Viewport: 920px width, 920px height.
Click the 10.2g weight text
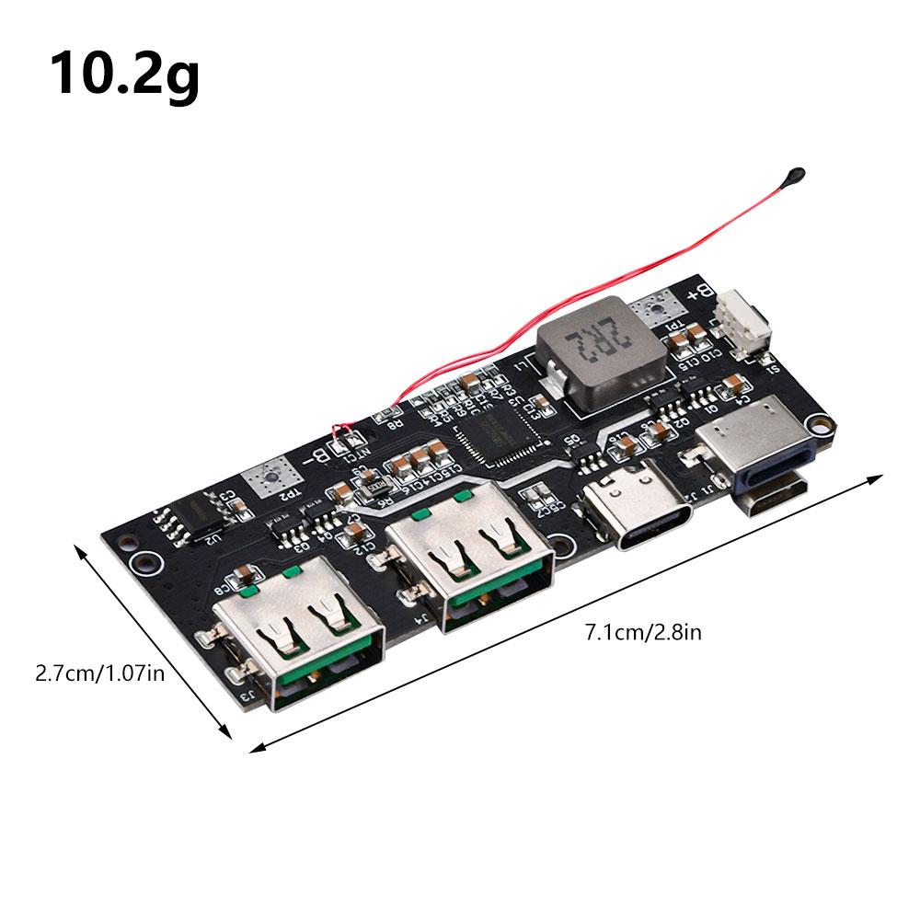(125, 74)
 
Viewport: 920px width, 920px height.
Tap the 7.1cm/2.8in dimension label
(644, 632)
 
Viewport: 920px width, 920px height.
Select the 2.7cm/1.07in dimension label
(99, 673)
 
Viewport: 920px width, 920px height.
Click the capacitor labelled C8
(240, 577)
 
